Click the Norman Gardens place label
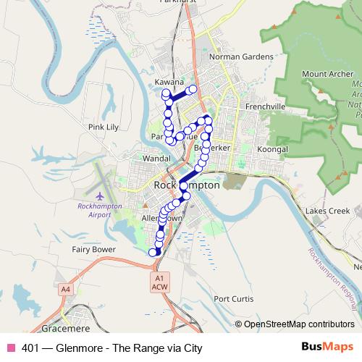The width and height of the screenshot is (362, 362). point(241,56)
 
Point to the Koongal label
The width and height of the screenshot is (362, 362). point(272,149)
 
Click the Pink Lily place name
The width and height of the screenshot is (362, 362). point(103,127)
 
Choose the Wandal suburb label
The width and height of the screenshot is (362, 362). point(156,157)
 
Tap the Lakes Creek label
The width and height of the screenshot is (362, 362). point(327,211)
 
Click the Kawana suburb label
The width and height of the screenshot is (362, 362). point(169,83)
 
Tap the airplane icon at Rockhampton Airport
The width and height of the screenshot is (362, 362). point(99,195)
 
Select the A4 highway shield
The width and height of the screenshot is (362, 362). point(66,290)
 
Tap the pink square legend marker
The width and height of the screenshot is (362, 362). point(10,348)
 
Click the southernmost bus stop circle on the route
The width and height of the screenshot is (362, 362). point(153,252)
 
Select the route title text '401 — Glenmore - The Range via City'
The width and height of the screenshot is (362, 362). point(111,348)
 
